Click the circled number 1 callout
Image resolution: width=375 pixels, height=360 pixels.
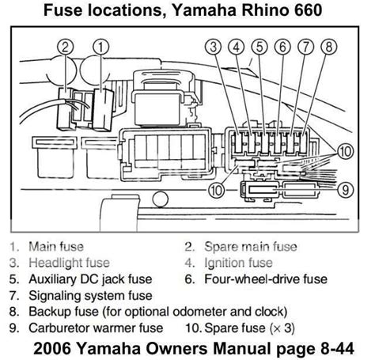tap(101, 47)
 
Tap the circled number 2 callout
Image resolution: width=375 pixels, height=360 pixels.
tap(66, 47)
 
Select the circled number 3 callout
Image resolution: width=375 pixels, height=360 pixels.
tap(214, 47)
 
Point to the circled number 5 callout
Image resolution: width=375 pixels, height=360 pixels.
tap(259, 47)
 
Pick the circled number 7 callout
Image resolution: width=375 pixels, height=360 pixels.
tap(306, 47)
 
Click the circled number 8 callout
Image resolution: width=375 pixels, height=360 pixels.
tap(329, 47)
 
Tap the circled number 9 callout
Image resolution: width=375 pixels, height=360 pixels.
tap(346, 190)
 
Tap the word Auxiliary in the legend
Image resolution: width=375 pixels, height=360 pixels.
tap(52, 279)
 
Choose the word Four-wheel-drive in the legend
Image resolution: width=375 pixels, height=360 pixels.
tap(252, 279)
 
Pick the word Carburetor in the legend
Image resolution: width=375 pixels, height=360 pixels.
tap(59, 328)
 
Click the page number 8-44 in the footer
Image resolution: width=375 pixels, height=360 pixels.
tap(338, 348)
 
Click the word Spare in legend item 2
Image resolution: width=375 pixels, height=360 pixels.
tap(222, 247)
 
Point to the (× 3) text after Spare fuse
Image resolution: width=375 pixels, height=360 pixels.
tap(282, 328)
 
